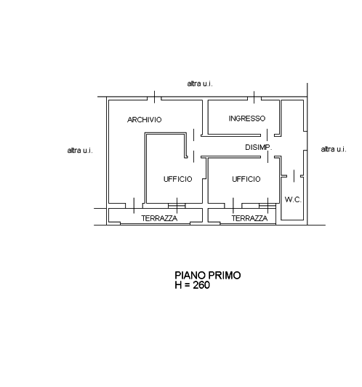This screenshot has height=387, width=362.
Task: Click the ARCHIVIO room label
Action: pyautogui.click(x=144, y=120)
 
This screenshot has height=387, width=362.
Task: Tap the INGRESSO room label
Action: pyautogui.click(x=247, y=119)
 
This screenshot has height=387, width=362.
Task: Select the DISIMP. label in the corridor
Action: pyautogui.click(x=259, y=148)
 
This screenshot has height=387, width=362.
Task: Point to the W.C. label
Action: pyautogui.click(x=293, y=199)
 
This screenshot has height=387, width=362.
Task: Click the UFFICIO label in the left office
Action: pyautogui.click(x=178, y=179)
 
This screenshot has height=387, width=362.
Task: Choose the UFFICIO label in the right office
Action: pyautogui.click(x=246, y=179)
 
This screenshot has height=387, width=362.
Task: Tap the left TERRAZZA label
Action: pyautogui.click(x=159, y=218)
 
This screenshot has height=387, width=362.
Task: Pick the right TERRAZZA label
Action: pyautogui.click(x=249, y=218)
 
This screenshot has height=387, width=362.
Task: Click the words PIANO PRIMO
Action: pyautogui.click(x=208, y=275)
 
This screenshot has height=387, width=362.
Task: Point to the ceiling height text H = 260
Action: pyautogui.click(x=193, y=285)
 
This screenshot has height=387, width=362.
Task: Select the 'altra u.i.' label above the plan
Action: pyautogui.click(x=200, y=84)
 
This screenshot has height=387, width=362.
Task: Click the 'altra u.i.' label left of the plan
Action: pyautogui.click(x=80, y=151)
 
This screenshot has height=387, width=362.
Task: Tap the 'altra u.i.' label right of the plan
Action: pyautogui.click(x=334, y=149)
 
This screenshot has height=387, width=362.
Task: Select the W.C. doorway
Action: pyautogui.click(x=294, y=176)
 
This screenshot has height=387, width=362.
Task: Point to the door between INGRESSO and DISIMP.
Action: pyautogui.click(x=268, y=135)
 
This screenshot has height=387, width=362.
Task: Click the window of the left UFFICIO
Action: pyautogui.click(x=177, y=205)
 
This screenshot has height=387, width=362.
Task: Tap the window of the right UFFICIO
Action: pyautogui.click(x=268, y=205)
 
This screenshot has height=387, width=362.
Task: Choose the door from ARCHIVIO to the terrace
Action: pyautogui.click(x=134, y=205)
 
